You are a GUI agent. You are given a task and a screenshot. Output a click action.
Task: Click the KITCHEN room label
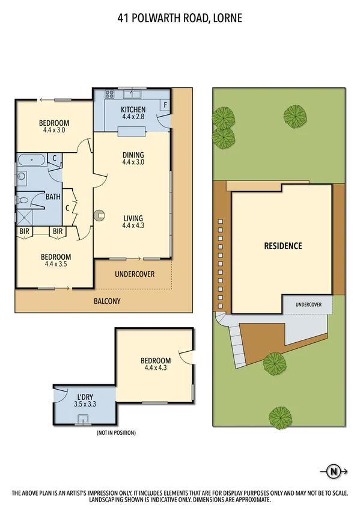pyautogui.click(x=133, y=109)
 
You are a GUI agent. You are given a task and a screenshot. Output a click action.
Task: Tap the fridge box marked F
pyautogui.click(x=165, y=104)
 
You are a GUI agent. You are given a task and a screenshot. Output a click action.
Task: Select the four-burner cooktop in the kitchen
pyautogui.click(x=110, y=94)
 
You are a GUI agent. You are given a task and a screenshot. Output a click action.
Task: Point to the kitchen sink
pyautogui.click(x=133, y=94)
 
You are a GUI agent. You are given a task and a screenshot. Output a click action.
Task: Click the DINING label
pyautogui.click(x=133, y=154)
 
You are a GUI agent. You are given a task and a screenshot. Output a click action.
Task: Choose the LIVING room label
pyautogui.click(x=133, y=218)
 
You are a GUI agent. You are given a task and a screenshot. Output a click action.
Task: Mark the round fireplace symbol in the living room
pyautogui.click(x=100, y=213)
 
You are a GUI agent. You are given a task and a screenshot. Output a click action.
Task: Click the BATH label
pyautogui.click(x=52, y=197)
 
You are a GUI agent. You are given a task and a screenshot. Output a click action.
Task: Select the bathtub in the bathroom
pyautogui.click(x=29, y=161)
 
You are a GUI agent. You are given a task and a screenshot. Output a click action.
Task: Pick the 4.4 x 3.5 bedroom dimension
pyautogui.click(x=58, y=263)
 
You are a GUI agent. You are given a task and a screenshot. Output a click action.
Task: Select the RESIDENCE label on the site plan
pyautogui.click(x=283, y=246)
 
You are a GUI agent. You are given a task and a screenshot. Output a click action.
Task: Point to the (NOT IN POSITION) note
pyautogui.click(x=116, y=433)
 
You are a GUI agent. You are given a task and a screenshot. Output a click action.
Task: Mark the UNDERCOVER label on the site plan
pyautogui.click(x=308, y=305)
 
